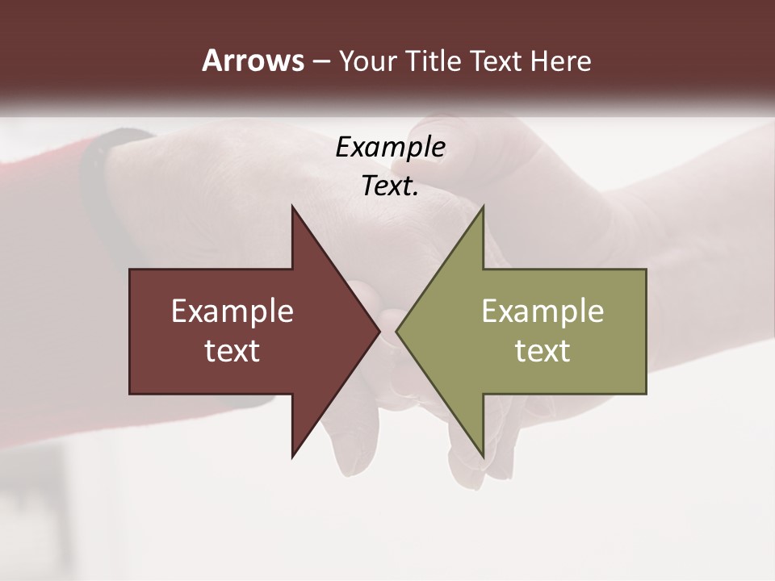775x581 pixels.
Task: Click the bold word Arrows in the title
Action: click(253, 61)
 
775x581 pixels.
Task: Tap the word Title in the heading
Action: click(437, 61)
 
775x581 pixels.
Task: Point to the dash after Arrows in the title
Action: click(320, 61)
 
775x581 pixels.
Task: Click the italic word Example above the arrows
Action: click(391, 147)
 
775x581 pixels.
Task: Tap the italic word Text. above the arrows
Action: click(391, 186)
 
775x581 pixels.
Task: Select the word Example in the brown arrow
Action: click(232, 311)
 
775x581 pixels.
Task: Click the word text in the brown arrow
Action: click(232, 351)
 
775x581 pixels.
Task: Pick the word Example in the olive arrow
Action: click(542, 311)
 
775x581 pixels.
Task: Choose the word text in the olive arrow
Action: click(542, 351)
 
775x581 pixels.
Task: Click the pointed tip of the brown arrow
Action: click(379, 331)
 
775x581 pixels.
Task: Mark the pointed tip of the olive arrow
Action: click(396, 331)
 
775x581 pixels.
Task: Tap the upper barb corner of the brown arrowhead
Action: click(292, 207)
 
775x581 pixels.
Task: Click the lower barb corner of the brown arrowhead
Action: click(292, 457)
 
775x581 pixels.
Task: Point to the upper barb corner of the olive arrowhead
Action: click(483, 207)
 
